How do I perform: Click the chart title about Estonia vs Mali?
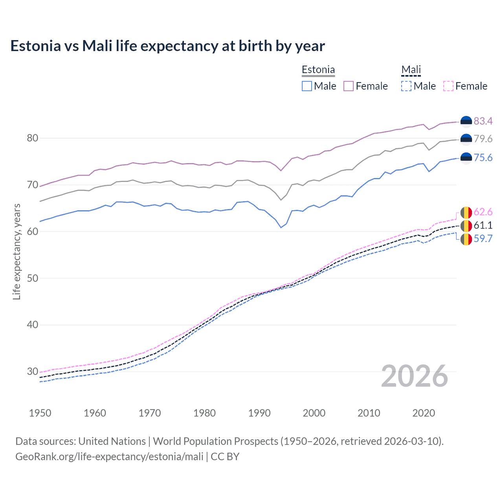point(167,46)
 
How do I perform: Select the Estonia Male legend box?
point(307,86)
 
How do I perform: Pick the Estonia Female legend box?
point(349,86)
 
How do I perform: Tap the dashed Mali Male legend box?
point(406,86)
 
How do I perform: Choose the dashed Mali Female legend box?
point(448,86)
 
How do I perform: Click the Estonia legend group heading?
point(318,70)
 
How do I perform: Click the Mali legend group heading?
point(411,70)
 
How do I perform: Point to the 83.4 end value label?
point(483,121)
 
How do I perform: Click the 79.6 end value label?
point(483,139)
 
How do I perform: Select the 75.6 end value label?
point(483,158)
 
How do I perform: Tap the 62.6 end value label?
point(483,212)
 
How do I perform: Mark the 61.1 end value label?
point(483,226)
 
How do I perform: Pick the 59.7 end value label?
point(483,239)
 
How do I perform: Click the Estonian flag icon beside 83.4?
point(466,122)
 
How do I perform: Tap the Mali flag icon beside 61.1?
point(466,226)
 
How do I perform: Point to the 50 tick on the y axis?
point(33,278)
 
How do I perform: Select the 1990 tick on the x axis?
point(259,413)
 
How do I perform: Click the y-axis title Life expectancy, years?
point(17,251)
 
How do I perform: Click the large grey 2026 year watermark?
point(415,376)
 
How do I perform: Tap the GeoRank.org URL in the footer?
point(109,457)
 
